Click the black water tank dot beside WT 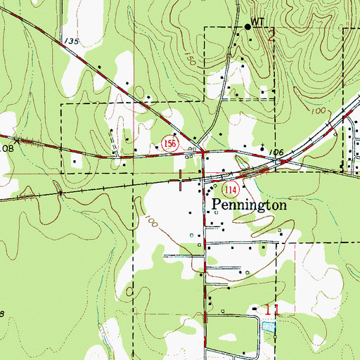247,27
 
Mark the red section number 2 271,36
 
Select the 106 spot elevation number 275,152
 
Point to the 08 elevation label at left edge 6,148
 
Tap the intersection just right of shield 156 202,151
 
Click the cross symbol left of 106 262,149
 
